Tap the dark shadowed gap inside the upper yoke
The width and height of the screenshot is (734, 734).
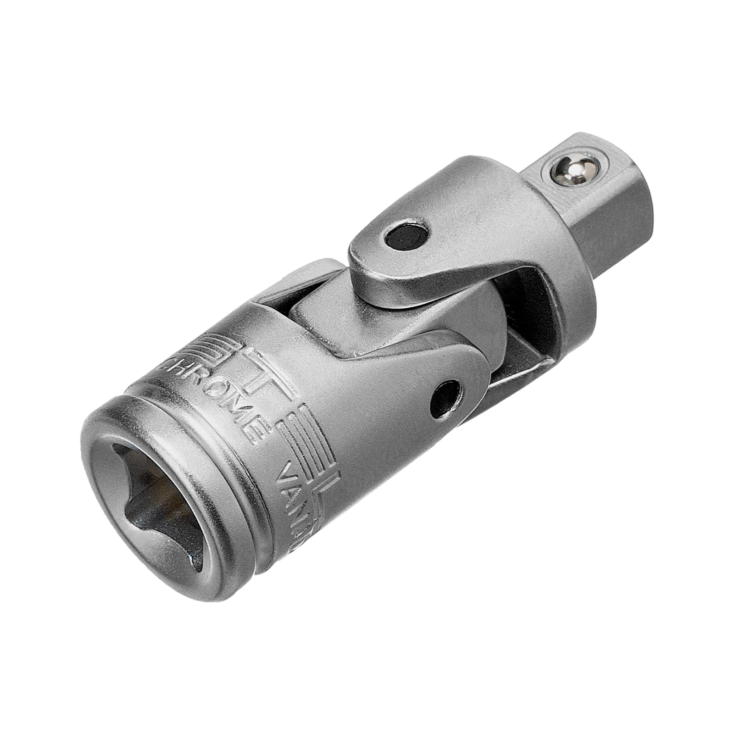click(523, 294)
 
